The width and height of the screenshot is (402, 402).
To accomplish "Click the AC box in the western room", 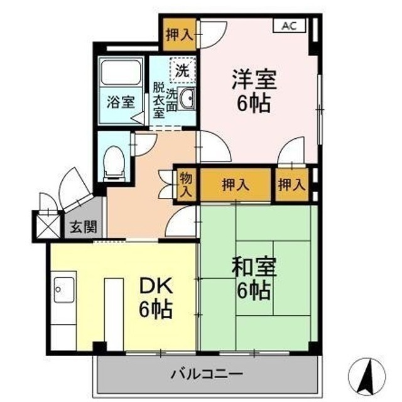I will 289,26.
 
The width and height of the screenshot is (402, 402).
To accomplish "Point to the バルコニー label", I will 207,374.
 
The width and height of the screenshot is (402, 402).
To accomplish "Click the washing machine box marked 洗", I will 182,71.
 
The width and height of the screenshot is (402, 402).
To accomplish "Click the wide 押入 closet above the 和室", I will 236,185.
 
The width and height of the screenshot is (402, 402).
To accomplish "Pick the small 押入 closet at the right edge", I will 292,185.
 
